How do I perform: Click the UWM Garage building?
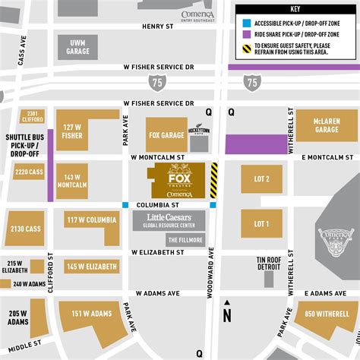pyautogui.click(x=77, y=46)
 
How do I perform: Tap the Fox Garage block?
pyautogui.click(x=166, y=134)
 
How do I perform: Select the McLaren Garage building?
pyautogui.click(x=326, y=126)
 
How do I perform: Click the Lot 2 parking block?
pyautogui.click(x=261, y=179)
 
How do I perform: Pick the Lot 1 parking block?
pyautogui.click(x=261, y=223)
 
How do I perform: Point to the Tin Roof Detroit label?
pyautogui.click(x=269, y=264)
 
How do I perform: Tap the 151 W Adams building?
pyautogui.click(x=90, y=314)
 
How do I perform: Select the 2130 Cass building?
pyautogui.click(x=24, y=228)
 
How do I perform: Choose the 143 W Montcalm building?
pyautogui.click(x=73, y=180)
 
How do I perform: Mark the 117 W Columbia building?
pyautogui.click(x=92, y=221)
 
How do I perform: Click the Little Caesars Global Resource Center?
pyautogui.click(x=169, y=221)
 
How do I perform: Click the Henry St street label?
pyautogui.click(x=158, y=25)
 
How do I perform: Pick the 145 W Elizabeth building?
pyautogui.click(x=91, y=267)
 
